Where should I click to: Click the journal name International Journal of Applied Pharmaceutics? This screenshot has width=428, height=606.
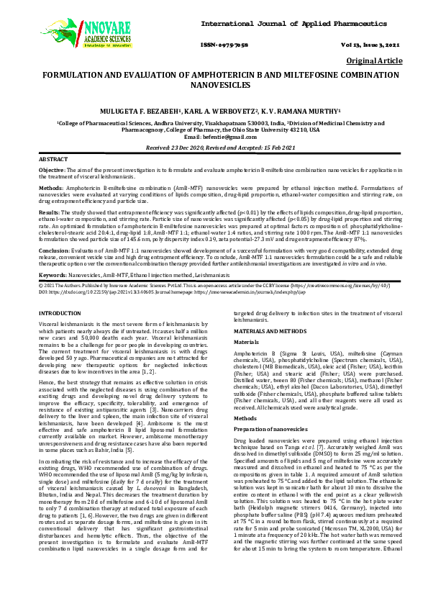click(x=295, y=24)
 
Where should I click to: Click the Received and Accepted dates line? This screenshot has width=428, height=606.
click(x=214, y=147)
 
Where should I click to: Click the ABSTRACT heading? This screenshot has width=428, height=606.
click(x=53, y=158)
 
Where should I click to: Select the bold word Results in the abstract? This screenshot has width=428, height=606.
click(x=48, y=213)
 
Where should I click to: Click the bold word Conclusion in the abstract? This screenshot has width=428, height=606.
click(x=53, y=250)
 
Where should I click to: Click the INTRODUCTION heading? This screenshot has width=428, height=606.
click(x=60, y=314)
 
